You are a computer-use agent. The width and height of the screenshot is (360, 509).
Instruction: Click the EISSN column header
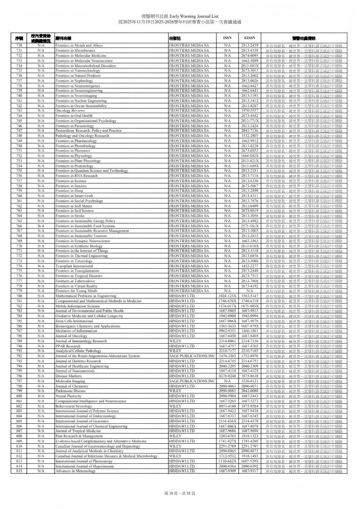[250, 37]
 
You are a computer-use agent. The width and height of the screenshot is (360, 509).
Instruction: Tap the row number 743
[19, 110]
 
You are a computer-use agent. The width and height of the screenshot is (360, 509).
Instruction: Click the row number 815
[19, 471]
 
